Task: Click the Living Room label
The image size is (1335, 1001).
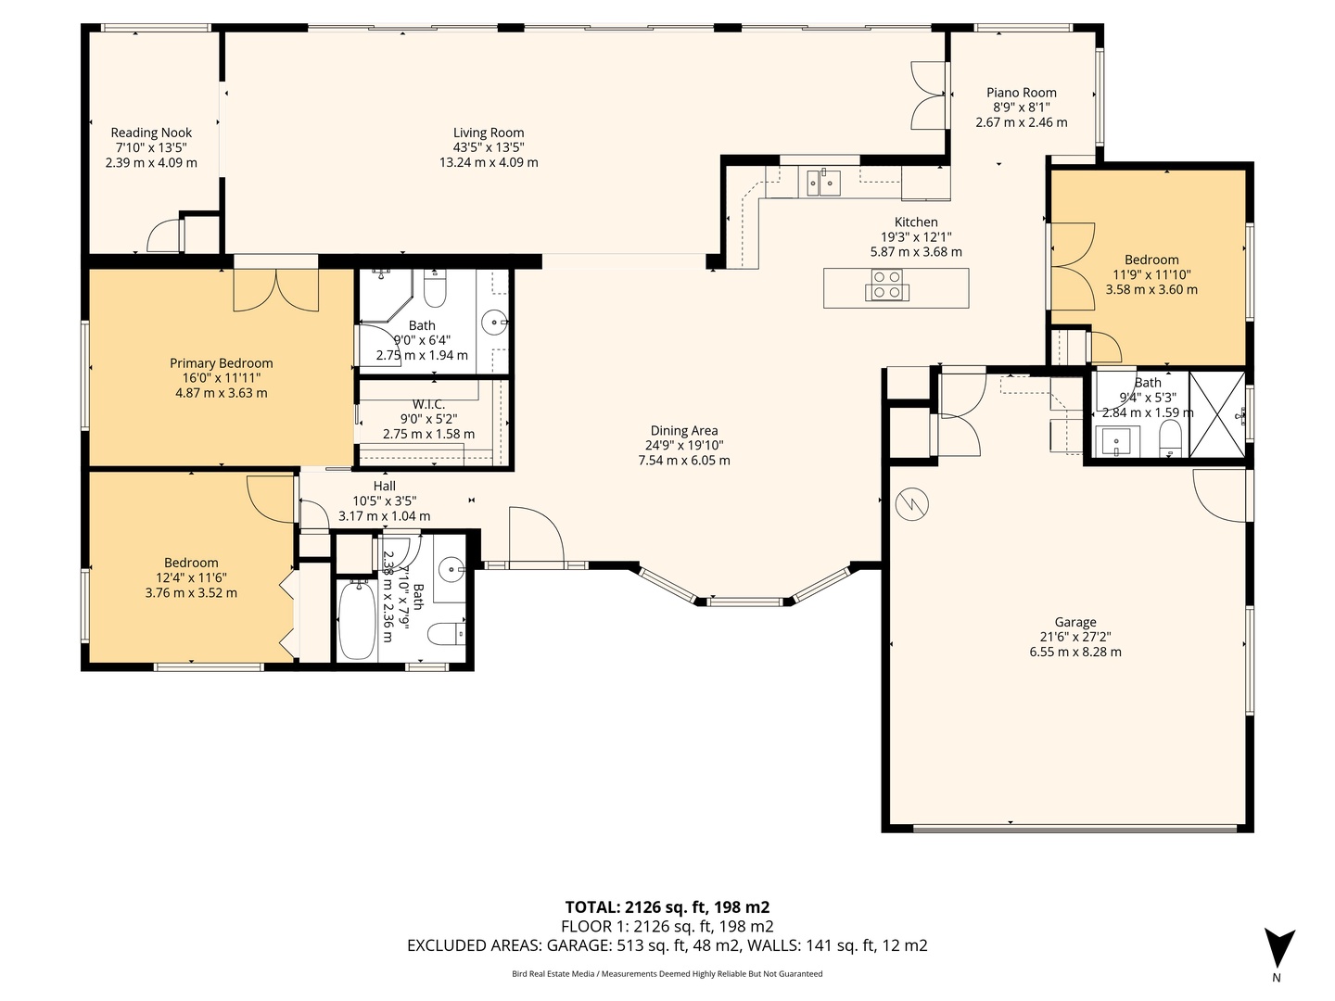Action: [x=489, y=133]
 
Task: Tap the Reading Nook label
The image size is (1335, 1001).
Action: [x=151, y=133]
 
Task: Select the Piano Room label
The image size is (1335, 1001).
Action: [x=1021, y=93]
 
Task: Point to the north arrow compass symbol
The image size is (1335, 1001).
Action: [x=1279, y=954]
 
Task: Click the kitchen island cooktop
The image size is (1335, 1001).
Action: [x=887, y=285]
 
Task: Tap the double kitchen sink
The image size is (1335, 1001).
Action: [x=823, y=183]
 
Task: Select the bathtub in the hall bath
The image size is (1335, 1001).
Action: [x=356, y=621]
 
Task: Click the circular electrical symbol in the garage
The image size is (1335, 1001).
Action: [x=911, y=504]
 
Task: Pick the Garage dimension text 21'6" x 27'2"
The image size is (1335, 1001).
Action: [x=1075, y=637]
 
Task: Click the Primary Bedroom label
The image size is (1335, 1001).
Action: [x=221, y=362]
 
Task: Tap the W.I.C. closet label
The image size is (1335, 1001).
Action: [x=428, y=403]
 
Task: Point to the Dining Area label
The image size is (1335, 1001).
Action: [x=683, y=430]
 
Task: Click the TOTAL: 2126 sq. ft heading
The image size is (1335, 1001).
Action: [x=667, y=907]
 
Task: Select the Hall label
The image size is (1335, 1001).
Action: [x=384, y=486]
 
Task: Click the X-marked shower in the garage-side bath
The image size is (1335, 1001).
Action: [x=1217, y=414]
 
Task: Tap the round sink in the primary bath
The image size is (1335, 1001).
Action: [x=495, y=322]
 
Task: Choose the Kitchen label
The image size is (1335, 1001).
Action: [x=916, y=222]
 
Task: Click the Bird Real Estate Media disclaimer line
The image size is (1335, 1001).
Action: [x=667, y=974]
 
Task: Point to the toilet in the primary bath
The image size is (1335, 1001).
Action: [x=434, y=290]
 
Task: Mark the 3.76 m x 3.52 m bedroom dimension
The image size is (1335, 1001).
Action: [x=191, y=592]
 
